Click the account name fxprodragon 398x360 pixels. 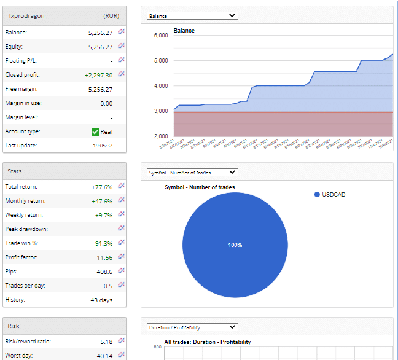pyautogui.click(x=26, y=15)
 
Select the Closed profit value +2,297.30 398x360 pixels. pyautogui.click(x=98, y=75)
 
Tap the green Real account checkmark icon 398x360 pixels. pyautogui.click(x=95, y=131)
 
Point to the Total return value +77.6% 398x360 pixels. pyautogui.click(x=101, y=186)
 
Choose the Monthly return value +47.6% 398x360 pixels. pyautogui.click(x=101, y=201)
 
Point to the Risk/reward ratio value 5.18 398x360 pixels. pyautogui.click(x=106, y=341)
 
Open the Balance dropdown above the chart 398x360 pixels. pyautogui.click(x=192, y=16)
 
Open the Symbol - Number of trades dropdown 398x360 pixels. pyautogui.click(x=192, y=173)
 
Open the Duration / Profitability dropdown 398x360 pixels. pyautogui.click(x=192, y=327)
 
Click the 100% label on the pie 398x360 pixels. pyautogui.click(x=235, y=245)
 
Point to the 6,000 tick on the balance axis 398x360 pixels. pyautogui.click(x=160, y=36)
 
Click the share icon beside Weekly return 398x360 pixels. pyautogui.click(x=121, y=214)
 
